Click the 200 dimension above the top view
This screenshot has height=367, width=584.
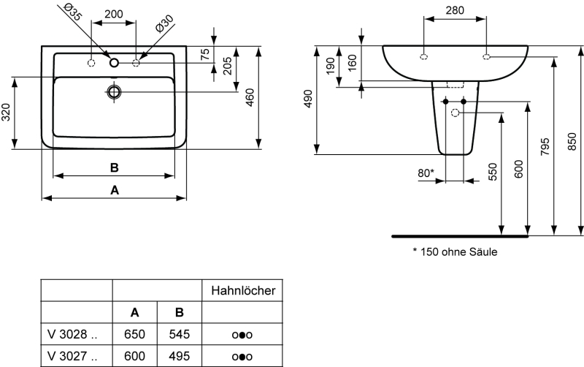coord(113,14)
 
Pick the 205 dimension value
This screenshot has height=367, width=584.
coord(228,69)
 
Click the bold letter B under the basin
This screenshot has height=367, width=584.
coord(114,167)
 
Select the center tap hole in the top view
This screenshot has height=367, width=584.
coord(114,63)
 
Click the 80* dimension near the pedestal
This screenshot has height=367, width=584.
coord(425,173)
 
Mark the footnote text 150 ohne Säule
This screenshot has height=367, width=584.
coord(458,253)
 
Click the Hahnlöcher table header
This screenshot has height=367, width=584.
coord(242,290)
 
